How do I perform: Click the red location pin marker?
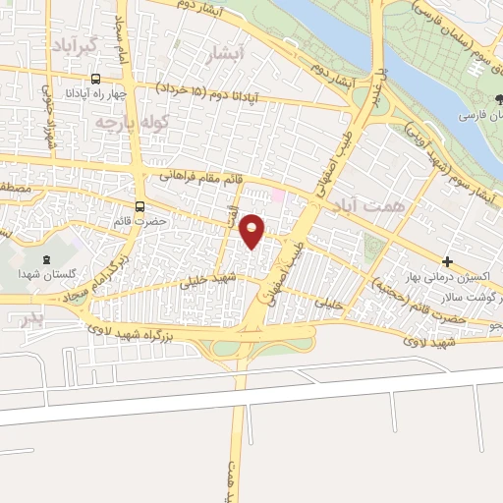[x=252, y=230]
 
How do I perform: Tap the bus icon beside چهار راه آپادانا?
[x=95, y=78]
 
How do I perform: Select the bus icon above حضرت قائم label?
[x=140, y=207]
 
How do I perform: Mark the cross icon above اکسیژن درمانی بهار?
[x=448, y=262]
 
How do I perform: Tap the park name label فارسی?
[x=479, y=116]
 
